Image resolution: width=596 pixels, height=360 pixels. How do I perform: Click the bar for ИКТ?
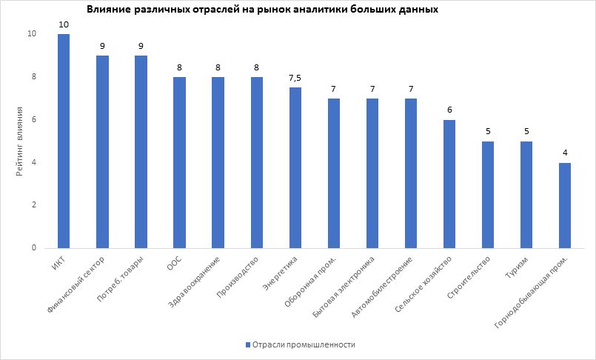[64, 141]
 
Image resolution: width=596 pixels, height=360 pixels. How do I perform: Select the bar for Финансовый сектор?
[102, 152]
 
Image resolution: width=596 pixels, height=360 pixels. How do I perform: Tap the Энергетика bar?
[295, 167]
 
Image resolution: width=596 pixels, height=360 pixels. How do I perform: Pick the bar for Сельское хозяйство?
[449, 184]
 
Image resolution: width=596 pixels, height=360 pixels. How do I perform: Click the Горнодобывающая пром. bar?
[564, 205]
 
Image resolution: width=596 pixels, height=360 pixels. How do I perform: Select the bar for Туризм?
[526, 194]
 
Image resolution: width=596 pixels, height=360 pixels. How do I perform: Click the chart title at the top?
[262, 10]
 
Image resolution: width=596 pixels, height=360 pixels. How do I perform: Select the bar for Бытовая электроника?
[372, 173]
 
